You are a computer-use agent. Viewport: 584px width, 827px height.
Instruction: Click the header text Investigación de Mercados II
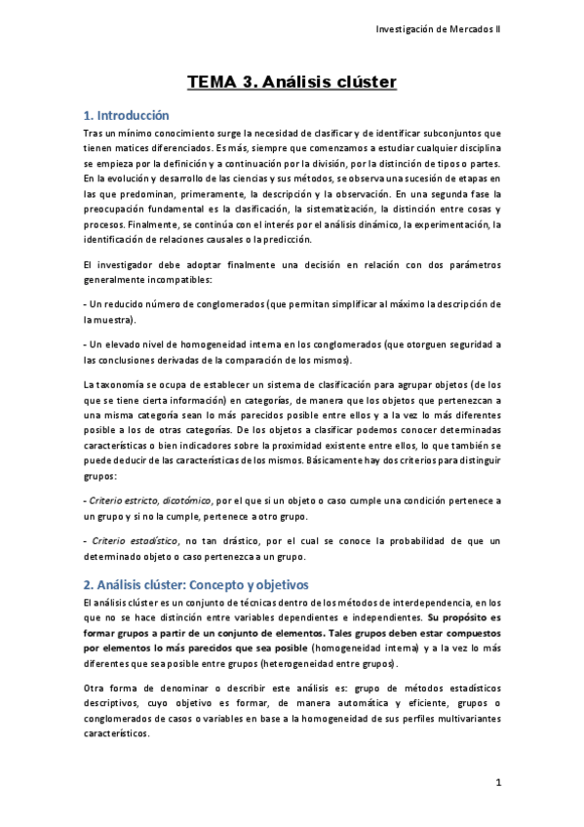click(x=439, y=29)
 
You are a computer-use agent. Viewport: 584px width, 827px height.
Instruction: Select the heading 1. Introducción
click(x=127, y=115)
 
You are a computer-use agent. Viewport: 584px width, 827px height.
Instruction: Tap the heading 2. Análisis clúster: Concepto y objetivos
click(x=195, y=584)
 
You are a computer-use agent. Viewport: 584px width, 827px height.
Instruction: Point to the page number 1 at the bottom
click(x=497, y=783)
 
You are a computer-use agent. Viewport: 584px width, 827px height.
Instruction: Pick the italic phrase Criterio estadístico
click(x=133, y=541)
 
